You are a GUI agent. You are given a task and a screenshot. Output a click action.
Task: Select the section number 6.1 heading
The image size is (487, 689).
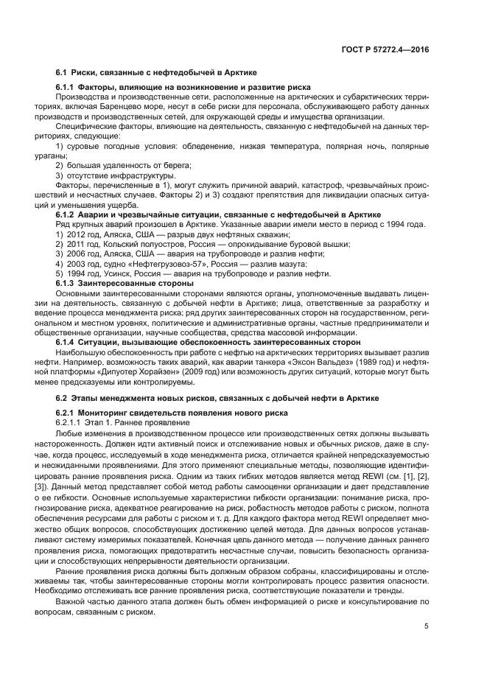pyautogui.click(x=63, y=74)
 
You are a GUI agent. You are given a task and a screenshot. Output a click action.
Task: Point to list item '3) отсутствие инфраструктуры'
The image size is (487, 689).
pyautogui.click(x=116, y=175)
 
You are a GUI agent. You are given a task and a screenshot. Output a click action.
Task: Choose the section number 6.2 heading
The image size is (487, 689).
pyautogui.click(x=63, y=398)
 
